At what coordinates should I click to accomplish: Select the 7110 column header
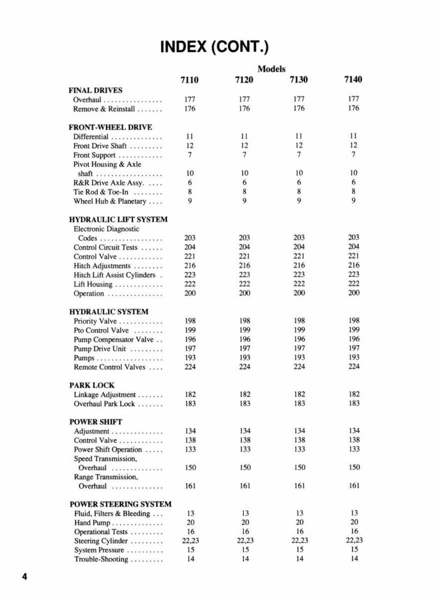tap(189, 80)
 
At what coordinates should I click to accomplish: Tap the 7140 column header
tap(353, 80)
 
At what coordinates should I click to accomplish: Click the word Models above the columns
tap(271, 69)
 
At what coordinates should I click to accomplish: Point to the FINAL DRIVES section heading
tap(95, 90)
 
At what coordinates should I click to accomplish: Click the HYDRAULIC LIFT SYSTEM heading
tap(118, 219)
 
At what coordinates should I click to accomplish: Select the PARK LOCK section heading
tap(91, 385)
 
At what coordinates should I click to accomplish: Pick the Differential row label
tap(91, 137)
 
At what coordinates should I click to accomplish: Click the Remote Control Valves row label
tap(110, 367)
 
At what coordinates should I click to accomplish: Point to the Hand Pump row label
tap(92, 523)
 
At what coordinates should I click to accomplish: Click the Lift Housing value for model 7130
tap(299, 284)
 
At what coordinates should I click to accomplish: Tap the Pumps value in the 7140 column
tap(354, 358)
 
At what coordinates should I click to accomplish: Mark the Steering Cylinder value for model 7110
tap(190, 541)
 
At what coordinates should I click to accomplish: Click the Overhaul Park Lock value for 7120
tap(244, 403)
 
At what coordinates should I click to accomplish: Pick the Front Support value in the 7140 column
tap(354, 155)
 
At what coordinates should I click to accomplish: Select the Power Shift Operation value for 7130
tap(299, 449)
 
